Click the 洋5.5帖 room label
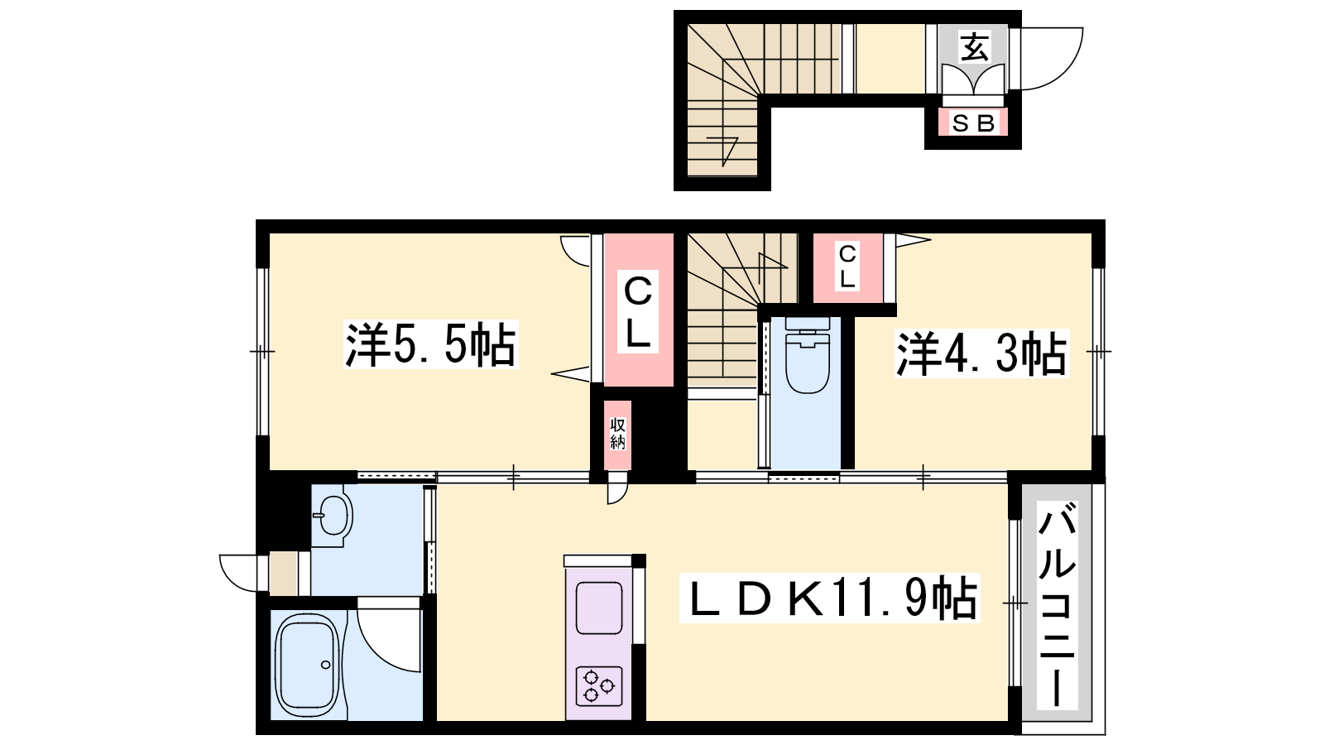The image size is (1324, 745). click(x=431, y=344)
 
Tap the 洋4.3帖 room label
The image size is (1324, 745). click(x=981, y=353)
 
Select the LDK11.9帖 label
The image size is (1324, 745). click(x=829, y=598)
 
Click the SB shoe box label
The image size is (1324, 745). click(x=973, y=123)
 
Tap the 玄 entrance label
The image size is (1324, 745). click(x=974, y=47)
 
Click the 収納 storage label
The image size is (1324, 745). click(x=617, y=434)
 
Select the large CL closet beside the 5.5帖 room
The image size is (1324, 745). click(x=638, y=310)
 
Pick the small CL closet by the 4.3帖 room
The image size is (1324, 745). click(x=847, y=267)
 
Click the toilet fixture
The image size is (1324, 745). click(x=808, y=355)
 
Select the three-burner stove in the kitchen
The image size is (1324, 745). click(x=599, y=686)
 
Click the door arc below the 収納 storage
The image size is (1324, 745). click(x=619, y=493)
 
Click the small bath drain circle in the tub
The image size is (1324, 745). click(x=326, y=665)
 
